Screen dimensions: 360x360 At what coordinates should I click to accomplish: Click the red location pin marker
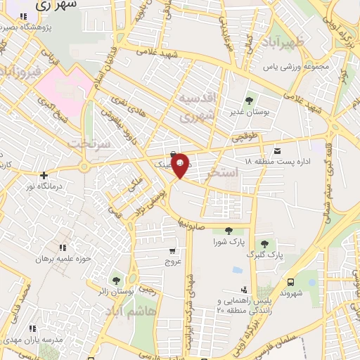(180, 166)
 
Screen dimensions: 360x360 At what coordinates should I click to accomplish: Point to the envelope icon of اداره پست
(277, 150)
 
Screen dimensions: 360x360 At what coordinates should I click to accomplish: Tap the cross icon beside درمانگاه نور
(44, 175)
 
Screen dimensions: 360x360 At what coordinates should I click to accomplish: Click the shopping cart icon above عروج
(172, 250)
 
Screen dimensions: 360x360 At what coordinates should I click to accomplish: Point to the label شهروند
(290, 292)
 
